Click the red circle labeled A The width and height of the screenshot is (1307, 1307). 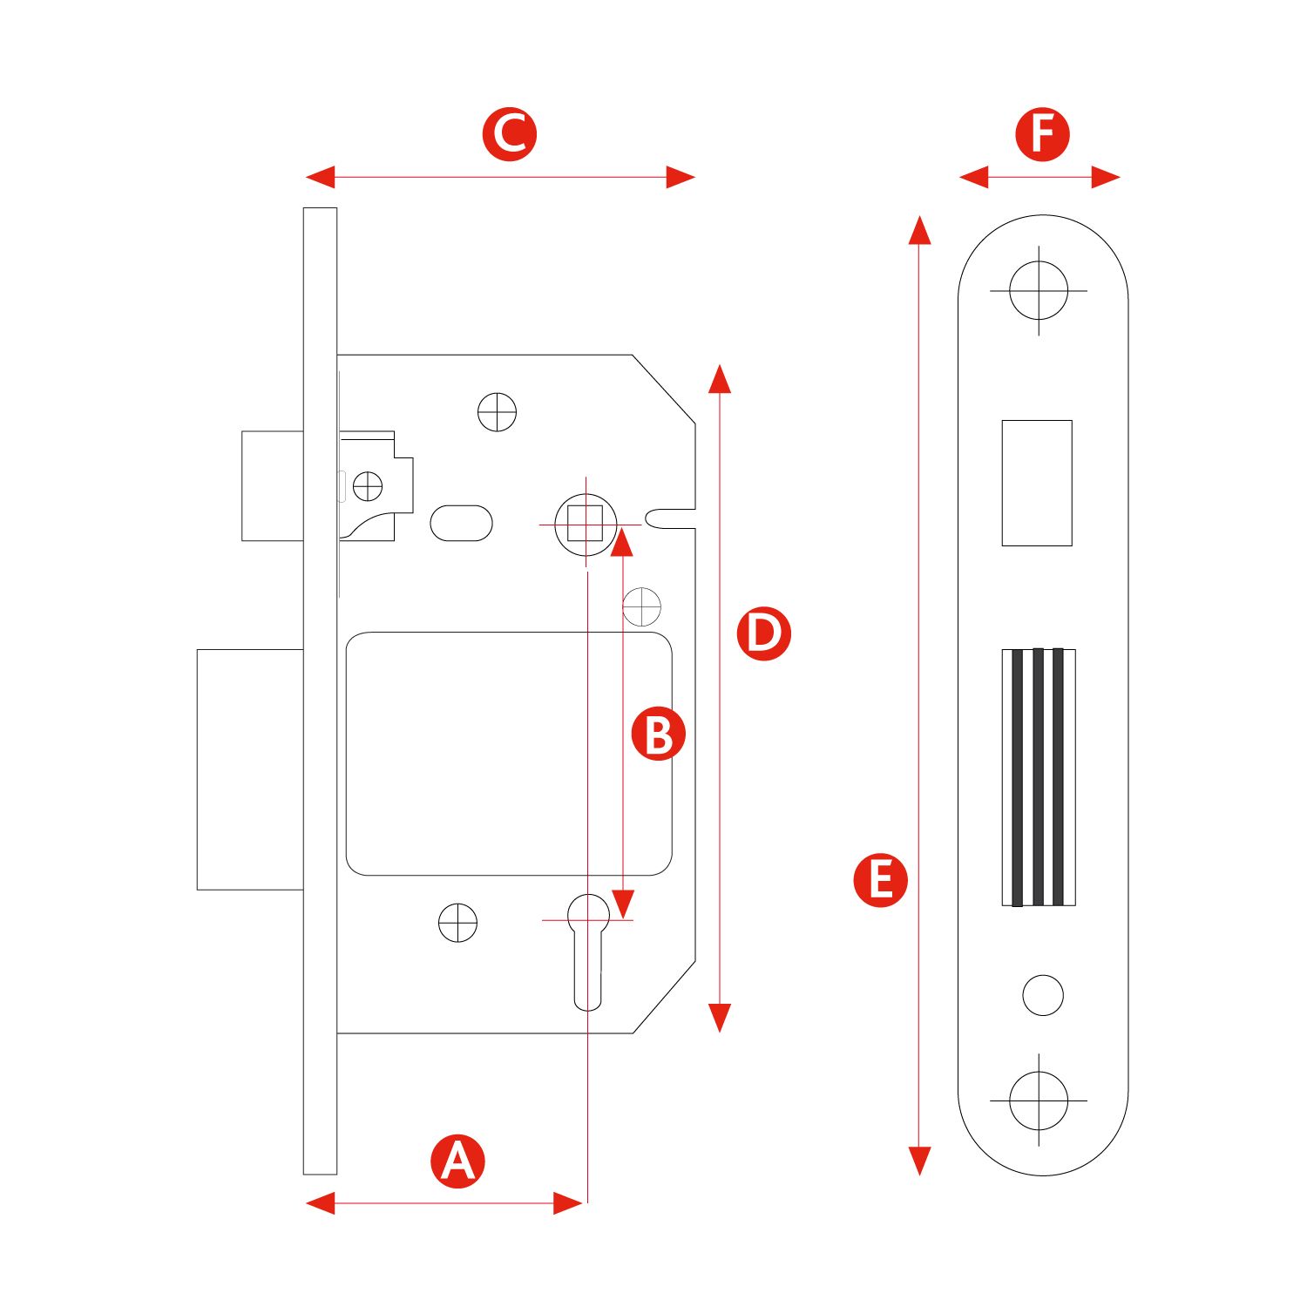point(457,1161)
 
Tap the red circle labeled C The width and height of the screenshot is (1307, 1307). point(510,134)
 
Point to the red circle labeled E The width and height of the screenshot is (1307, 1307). point(880,880)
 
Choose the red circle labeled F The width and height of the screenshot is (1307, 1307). point(1042,134)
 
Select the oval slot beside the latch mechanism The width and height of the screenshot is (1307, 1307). point(461,523)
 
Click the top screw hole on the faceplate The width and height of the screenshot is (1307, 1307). point(1039,290)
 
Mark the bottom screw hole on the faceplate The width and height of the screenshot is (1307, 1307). point(1039,1100)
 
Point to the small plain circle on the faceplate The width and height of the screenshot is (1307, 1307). point(1043,994)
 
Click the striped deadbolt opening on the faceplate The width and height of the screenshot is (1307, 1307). point(1038,777)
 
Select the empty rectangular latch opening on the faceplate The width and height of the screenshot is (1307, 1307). point(1037,483)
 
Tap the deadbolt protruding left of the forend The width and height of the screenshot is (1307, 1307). point(250,769)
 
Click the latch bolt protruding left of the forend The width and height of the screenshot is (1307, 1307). point(272,485)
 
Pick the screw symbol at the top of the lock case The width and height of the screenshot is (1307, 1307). point(498,412)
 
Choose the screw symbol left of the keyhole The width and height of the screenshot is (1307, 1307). point(457,923)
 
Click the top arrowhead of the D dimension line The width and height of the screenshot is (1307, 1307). point(719,378)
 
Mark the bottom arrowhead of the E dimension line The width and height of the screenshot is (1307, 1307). point(919,1161)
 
